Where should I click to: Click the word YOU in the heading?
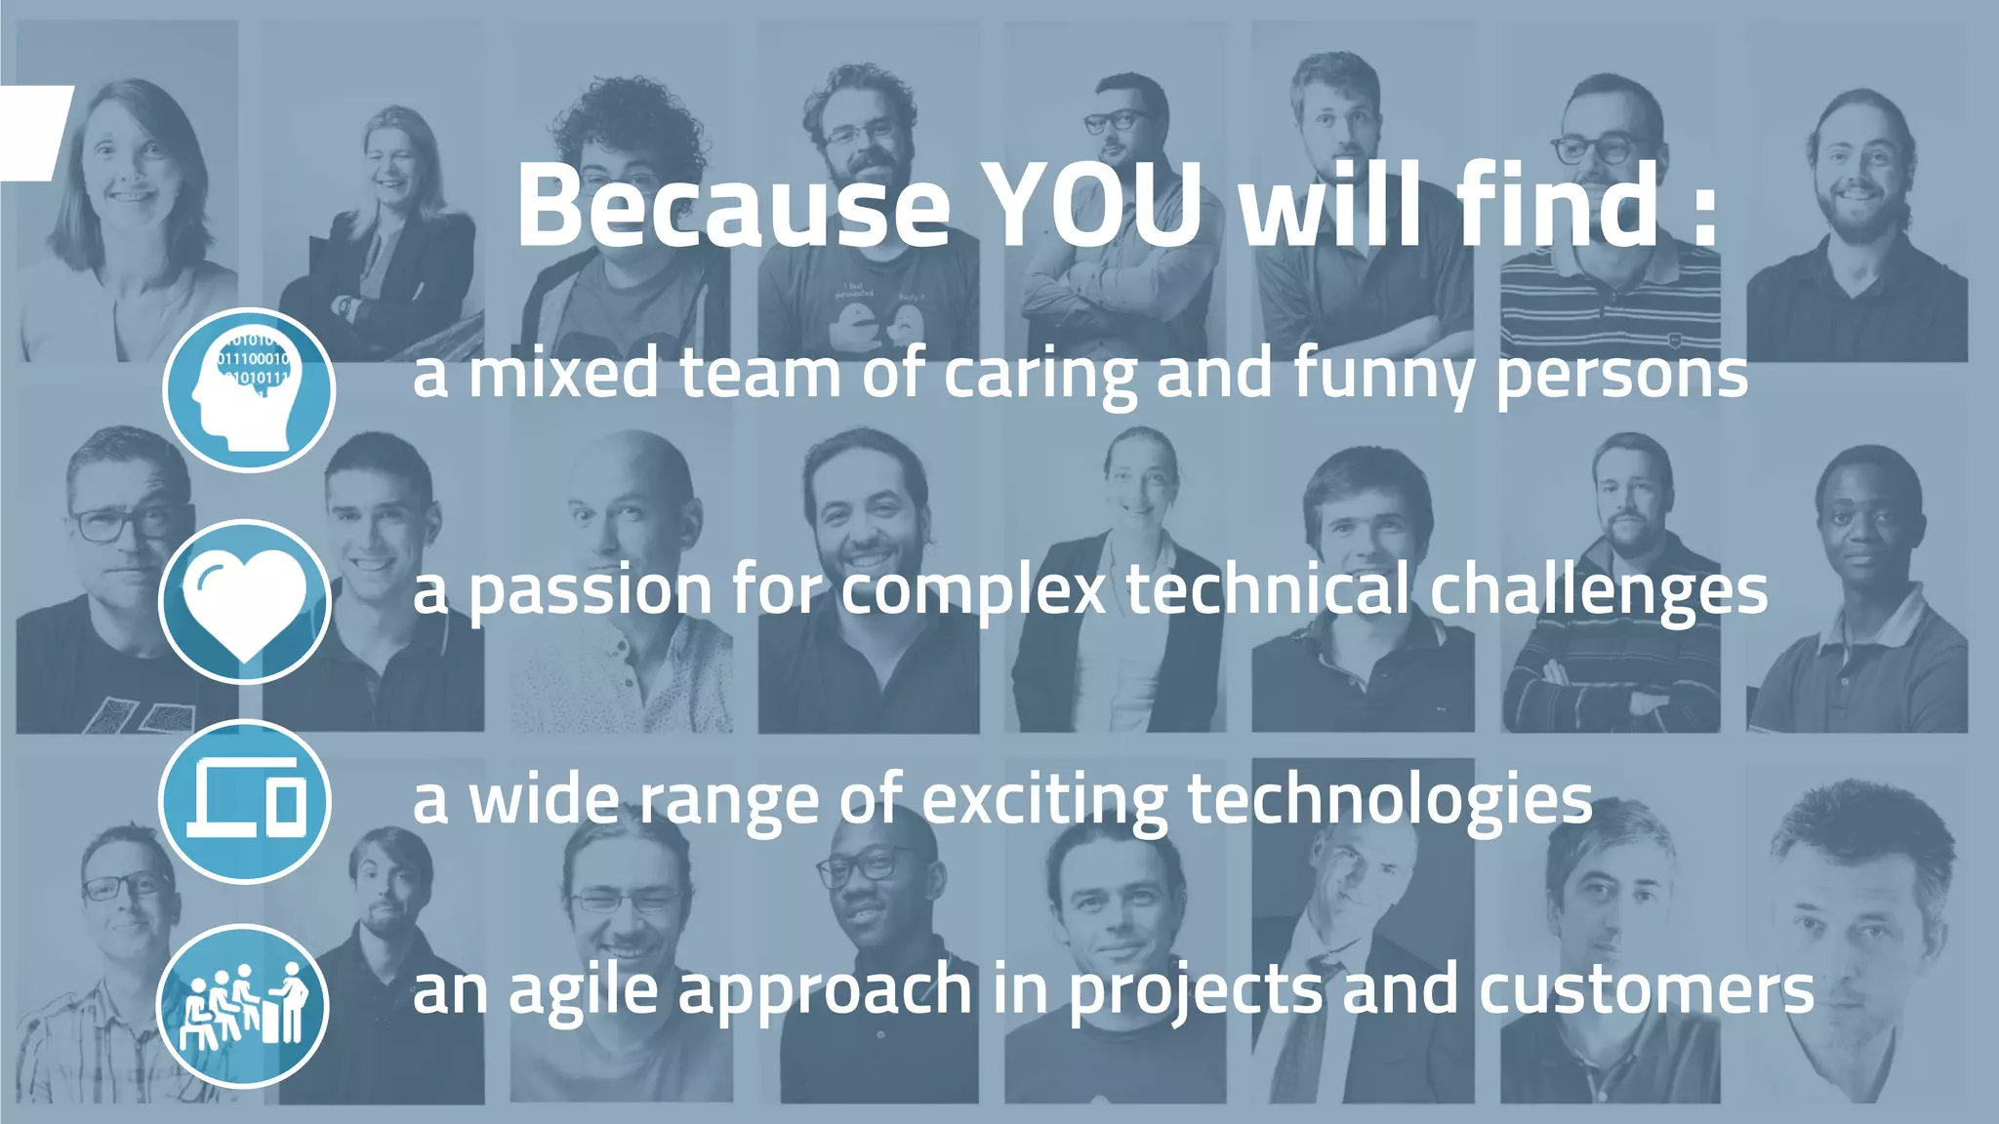click(x=1093, y=207)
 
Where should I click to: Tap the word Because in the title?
click(x=732, y=207)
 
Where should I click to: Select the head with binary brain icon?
click(x=249, y=389)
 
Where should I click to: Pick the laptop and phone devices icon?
click(x=245, y=801)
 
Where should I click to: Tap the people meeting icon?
click(x=243, y=1005)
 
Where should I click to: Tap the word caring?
click(x=1040, y=376)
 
